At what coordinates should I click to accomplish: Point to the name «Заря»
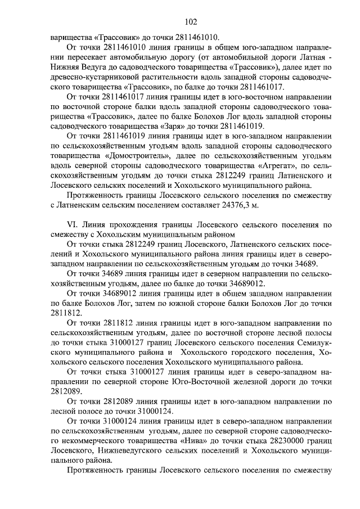point(175,126)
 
